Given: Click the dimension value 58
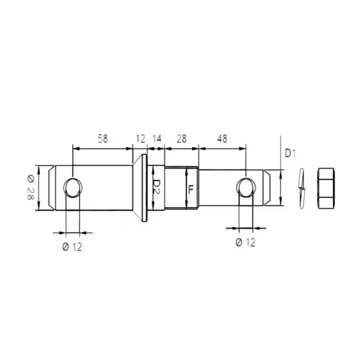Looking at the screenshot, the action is pyautogui.click(x=103, y=139).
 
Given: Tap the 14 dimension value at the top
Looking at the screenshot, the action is pyautogui.click(x=157, y=139).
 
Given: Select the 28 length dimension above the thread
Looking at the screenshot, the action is pyautogui.click(x=182, y=139).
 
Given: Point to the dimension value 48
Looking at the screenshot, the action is pyautogui.click(x=222, y=139).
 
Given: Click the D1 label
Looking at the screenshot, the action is pyautogui.click(x=290, y=153).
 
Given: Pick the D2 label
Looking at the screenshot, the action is pyautogui.click(x=157, y=187).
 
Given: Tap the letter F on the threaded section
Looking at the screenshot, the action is pyautogui.click(x=191, y=190).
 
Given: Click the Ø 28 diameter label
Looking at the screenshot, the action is pyautogui.click(x=31, y=187).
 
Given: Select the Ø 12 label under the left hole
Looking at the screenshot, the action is pyautogui.click(x=72, y=247).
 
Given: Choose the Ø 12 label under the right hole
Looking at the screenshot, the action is pyautogui.click(x=245, y=242).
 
